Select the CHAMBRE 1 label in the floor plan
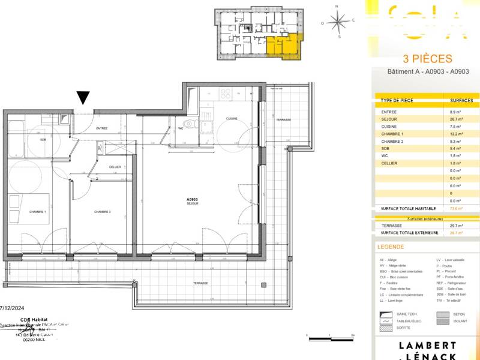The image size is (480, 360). coord(37,212)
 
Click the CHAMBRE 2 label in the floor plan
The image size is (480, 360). coord(102,212)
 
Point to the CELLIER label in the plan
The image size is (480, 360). coord(115,167)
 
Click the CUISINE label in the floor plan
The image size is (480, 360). coord(232,119)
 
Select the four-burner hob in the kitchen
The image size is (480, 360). coord(226,94)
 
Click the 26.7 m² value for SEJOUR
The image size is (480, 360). coord(455,119)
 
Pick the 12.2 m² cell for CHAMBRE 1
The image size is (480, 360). coord(455,134)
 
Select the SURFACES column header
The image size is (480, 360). coord(461,100)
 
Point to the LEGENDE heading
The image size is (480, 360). coord(391,247)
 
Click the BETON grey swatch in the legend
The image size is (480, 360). coord(443,314)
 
